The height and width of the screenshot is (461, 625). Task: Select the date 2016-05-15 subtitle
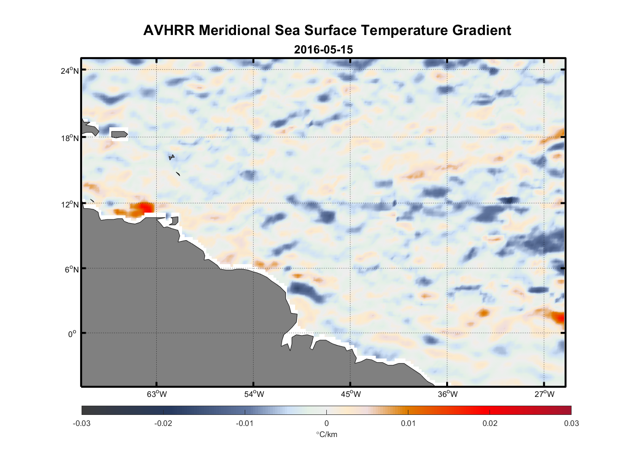point(323,49)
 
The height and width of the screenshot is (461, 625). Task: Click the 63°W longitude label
point(157,394)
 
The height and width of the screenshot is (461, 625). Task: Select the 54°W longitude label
point(254,394)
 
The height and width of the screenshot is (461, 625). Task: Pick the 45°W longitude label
point(351,394)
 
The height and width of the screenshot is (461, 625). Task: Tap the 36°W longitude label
point(448,394)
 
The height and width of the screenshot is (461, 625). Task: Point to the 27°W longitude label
point(544,394)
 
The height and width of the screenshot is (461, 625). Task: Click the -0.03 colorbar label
point(82,423)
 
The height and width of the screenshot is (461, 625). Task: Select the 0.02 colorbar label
point(490,423)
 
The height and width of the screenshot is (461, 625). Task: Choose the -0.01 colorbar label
point(245,423)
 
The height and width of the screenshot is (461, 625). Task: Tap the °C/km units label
point(326,434)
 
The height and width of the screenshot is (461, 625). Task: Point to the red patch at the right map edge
point(559,317)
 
